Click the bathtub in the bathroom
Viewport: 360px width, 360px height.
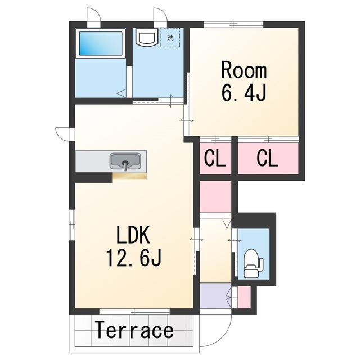[101, 43]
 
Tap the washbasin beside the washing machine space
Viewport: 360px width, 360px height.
[146, 37]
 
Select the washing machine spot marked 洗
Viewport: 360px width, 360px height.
[170, 38]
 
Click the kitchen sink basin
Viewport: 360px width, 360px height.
[125, 161]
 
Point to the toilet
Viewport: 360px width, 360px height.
[253, 264]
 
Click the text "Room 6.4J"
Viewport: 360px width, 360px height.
[244, 82]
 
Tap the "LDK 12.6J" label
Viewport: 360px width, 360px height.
[134, 246]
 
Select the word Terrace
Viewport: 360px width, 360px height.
[134, 330]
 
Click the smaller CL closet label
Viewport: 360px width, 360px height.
[215, 158]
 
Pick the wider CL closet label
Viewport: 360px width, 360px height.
[268, 158]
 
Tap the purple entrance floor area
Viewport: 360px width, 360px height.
[215, 295]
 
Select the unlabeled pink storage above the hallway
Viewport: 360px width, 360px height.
[215, 196]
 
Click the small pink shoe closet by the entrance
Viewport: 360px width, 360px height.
[244, 297]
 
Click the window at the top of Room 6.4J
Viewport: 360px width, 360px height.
[233, 24]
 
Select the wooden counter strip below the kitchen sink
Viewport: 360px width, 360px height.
[129, 176]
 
